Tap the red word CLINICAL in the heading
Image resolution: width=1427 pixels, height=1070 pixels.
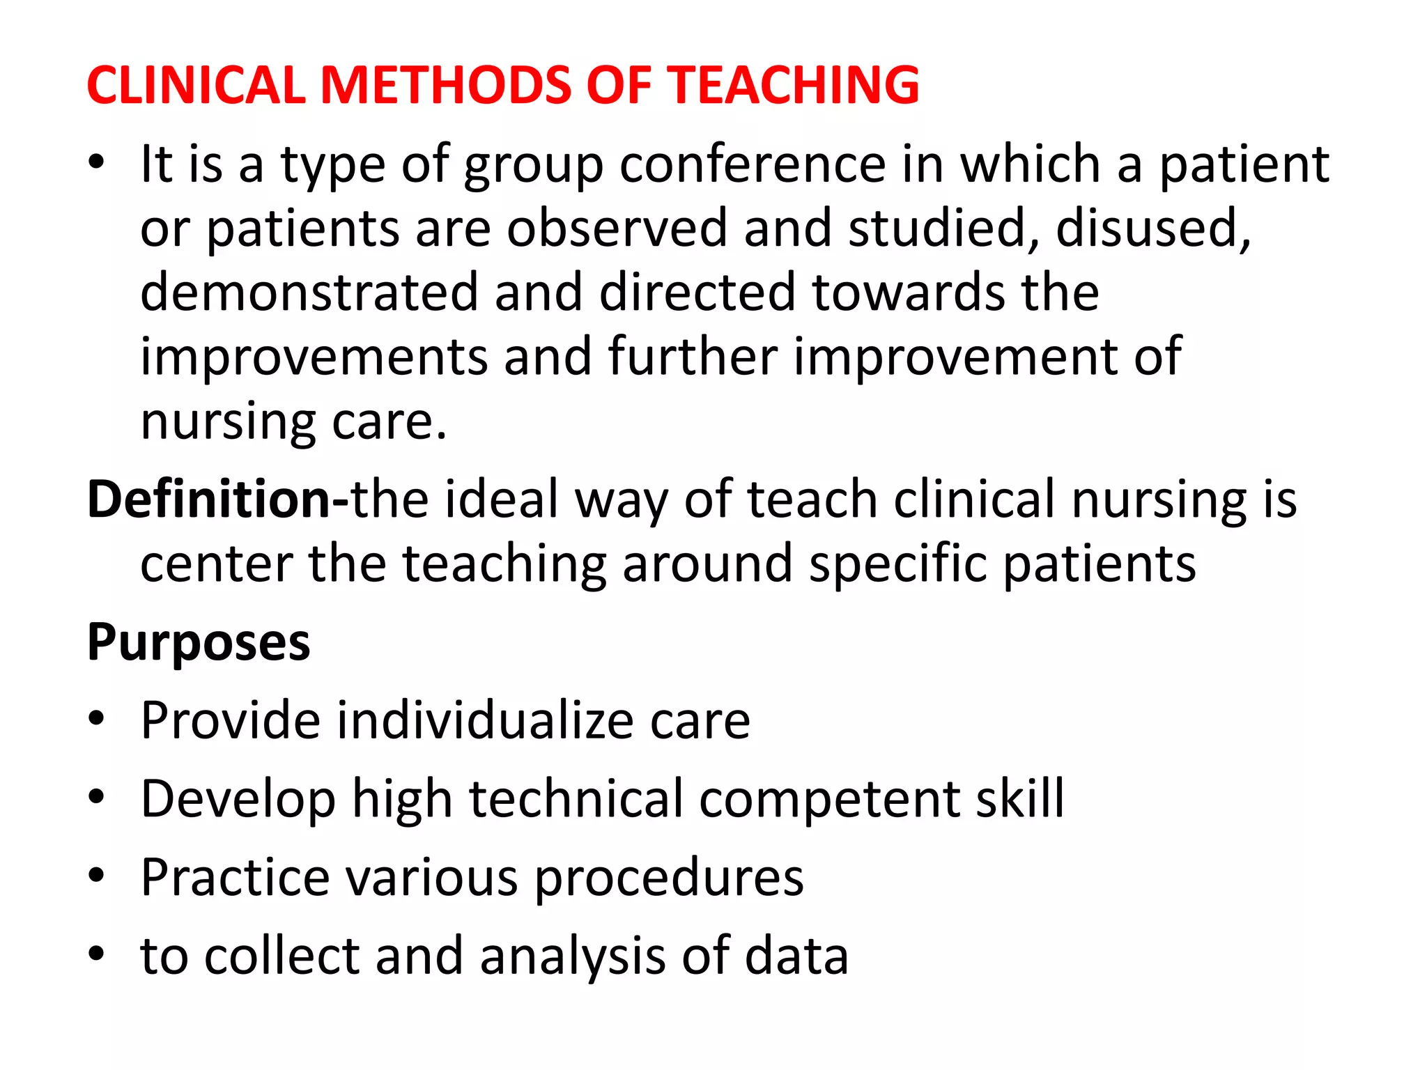point(196,85)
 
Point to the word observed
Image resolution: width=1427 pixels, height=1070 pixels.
point(617,228)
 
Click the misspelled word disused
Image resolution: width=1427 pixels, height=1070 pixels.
point(1153,228)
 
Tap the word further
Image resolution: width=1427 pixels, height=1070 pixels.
point(693,356)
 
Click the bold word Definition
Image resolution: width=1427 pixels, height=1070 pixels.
point(210,499)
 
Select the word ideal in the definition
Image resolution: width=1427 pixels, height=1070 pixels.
point(502,499)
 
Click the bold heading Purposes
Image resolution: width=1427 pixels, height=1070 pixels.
point(199,642)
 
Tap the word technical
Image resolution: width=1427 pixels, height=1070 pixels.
point(576,798)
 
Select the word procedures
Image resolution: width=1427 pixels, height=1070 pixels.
point(669,878)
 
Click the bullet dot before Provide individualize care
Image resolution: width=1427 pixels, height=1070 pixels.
point(96,719)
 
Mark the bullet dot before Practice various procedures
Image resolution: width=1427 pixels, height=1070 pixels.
point(96,875)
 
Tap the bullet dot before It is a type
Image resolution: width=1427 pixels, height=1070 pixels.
point(96,162)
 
